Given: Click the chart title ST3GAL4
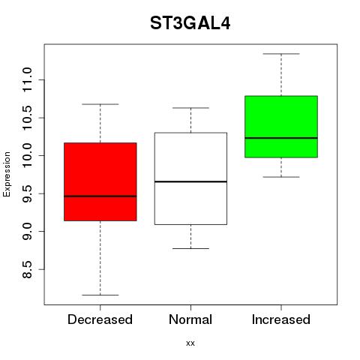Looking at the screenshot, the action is pyautogui.click(x=190, y=23).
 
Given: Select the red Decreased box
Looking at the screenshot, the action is pyautogui.click(x=100, y=181).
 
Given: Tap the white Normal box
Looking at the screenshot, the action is pyautogui.click(x=190, y=178).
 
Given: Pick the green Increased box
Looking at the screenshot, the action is pyautogui.click(x=281, y=127).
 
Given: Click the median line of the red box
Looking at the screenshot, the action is pyautogui.click(x=100, y=196).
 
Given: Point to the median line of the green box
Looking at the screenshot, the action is pyautogui.click(x=281, y=138).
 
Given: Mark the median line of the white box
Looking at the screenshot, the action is pyautogui.click(x=190, y=181).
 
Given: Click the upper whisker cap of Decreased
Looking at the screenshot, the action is pyautogui.click(x=100, y=104).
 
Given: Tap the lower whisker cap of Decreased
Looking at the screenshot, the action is pyautogui.click(x=100, y=295).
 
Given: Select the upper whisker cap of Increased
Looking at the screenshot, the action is pyautogui.click(x=281, y=54).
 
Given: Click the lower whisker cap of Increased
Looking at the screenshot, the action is pyautogui.click(x=281, y=177).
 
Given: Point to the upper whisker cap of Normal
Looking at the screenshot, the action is pyautogui.click(x=190, y=108).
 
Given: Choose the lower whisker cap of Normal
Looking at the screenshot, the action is pyautogui.click(x=190, y=248).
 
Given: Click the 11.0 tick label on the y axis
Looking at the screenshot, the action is pyautogui.click(x=27, y=79).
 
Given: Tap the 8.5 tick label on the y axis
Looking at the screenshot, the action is pyautogui.click(x=27, y=269).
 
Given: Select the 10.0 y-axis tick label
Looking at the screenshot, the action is pyautogui.click(x=27, y=155).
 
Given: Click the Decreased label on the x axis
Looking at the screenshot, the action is pyautogui.click(x=100, y=319).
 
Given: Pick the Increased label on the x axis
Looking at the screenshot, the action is pyautogui.click(x=281, y=319).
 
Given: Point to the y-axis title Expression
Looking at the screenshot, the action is pyautogui.click(x=7, y=174).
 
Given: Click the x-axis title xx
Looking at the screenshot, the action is pyautogui.click(x=190, y=343).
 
